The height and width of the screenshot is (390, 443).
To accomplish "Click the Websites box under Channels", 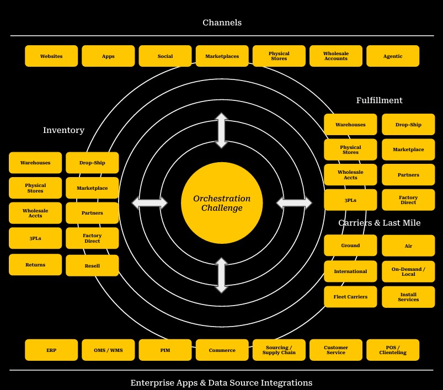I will [x=51, y=56].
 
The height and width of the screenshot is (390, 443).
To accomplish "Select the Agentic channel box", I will [x=392, y=56].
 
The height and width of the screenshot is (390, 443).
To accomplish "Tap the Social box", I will [x=165, y=56].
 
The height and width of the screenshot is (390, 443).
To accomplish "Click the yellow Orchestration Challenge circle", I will [x=222, y=203].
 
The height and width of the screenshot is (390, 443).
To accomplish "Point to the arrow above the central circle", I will [x=221, y=131].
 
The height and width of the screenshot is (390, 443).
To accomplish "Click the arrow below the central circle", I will [x=221, y=275].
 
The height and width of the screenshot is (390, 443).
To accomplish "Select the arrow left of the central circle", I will [x=150, y=203].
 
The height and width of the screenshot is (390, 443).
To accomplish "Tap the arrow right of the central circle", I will [x=294, y=203].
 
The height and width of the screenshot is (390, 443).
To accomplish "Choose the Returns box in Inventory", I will [x=35, y=265].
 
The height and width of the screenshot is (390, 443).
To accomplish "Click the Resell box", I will [x=92, y=265].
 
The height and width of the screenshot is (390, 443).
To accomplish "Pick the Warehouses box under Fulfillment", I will [x=350, y=125].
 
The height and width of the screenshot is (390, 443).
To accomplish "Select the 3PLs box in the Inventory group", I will [x=35, y=238].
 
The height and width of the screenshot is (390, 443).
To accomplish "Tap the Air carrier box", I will [x=408, y=246].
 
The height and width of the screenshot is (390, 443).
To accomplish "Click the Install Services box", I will [x=408, y=297].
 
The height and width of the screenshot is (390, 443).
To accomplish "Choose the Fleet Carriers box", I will [x=350, y=297].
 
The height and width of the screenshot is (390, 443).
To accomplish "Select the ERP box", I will [x=51, y=350].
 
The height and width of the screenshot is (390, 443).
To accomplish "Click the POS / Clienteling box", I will [x=392, y=350].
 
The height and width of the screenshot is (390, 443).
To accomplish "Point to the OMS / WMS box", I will [x=108, y=350].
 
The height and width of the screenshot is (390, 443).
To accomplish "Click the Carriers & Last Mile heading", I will [x=379, y=223].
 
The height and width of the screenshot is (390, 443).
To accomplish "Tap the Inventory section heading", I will [x=63, y=130].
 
